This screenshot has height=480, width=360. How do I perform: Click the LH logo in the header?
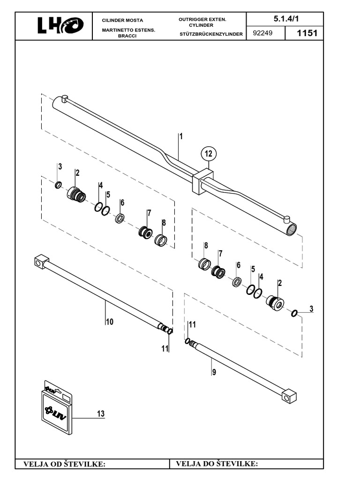click(x=60, y=26)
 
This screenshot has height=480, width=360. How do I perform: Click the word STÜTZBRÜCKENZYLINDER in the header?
click(x=210, y=34)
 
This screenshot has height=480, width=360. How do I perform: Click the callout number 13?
click(x=100, y=414)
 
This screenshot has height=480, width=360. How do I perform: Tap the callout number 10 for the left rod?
click(x=109, y=322)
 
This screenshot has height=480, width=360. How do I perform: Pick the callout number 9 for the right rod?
click(x=214, y=374)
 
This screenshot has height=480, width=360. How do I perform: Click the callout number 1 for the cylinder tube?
click(x=180, y=136)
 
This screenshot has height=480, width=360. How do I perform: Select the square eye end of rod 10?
click(x=42, y=261)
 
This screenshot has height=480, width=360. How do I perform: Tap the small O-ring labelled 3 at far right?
click(x=294, y=313)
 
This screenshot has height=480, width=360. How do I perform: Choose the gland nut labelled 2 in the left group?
click(x=75, y=193)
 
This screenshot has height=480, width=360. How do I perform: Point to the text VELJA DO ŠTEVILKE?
click(x=217, y=464)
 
